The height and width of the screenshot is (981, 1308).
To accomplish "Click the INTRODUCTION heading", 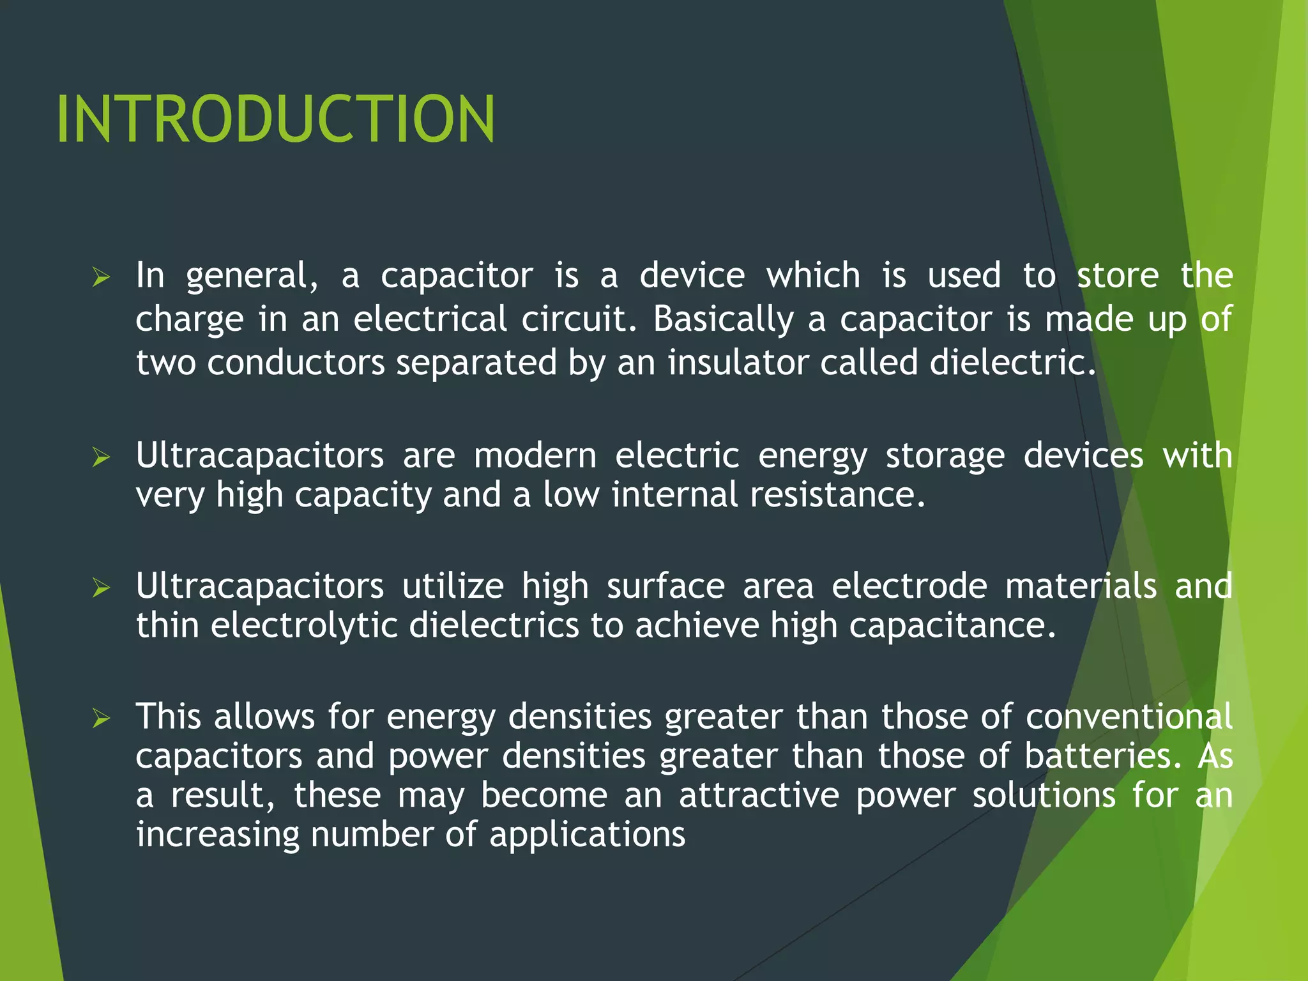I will coord(275,119).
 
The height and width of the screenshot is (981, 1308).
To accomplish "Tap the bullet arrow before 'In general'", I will coord(101,278).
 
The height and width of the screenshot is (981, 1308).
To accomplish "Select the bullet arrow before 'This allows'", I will coord(101,719).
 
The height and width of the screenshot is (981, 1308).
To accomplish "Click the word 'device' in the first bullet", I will coord(692,276).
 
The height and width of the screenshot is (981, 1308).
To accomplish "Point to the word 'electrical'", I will coord(430,319).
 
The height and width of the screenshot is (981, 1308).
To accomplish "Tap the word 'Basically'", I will coord(723,319).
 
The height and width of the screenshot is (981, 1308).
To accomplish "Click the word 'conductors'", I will coord(296,363).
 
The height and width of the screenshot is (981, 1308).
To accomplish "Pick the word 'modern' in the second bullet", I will coord(535,456).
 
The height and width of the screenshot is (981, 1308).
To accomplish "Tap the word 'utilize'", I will coord(453,586).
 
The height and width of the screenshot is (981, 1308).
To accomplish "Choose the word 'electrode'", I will coord(909,586).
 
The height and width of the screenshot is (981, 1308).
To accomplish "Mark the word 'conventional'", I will coord(1129,717).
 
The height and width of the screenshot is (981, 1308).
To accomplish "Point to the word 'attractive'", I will coord(759,796).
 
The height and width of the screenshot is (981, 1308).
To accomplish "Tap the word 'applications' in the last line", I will coord(587,835).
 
